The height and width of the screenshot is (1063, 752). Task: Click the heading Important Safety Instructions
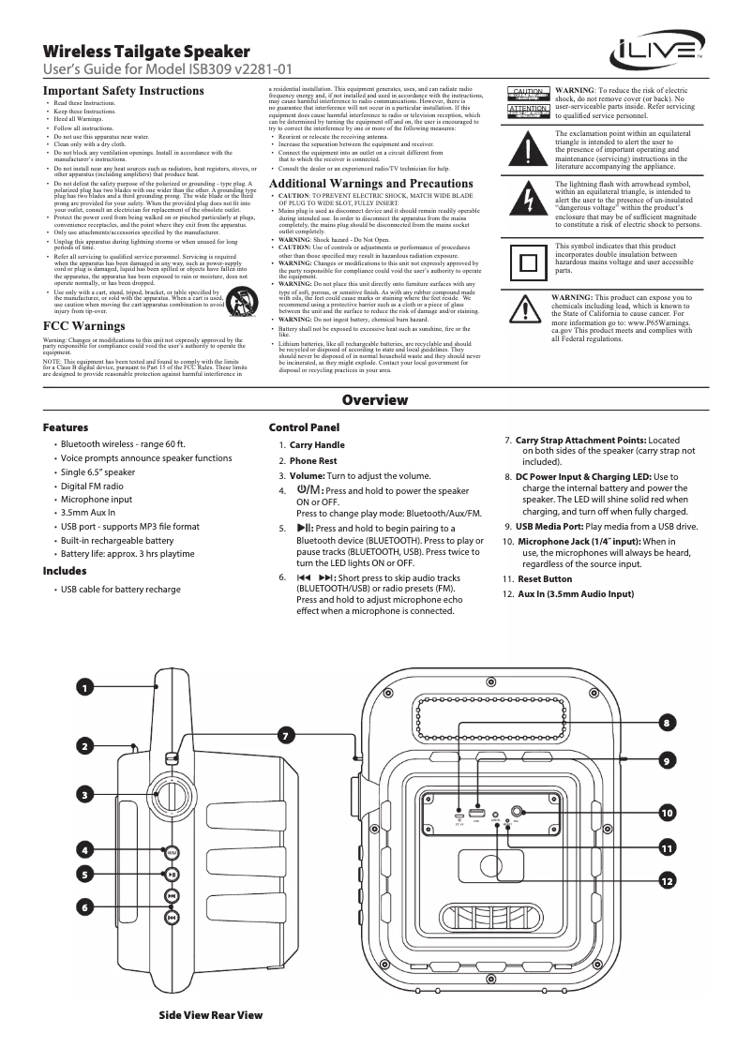pyautogui.click(x=124, y=91)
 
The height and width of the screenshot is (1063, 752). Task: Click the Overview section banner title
pyautogui.click(x=375, y=401)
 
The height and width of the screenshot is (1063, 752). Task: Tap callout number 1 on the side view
pyautogui.click(x=84, y=688)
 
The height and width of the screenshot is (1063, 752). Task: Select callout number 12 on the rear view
pyautogui.click(x=667, y=880)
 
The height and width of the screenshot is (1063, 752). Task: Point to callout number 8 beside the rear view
pyautogui.click(x=667, y=723)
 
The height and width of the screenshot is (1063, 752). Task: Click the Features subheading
pyautogui.click(x=66, y=427)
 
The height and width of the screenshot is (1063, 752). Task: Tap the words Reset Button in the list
pyautogui.click(x=545, y=579)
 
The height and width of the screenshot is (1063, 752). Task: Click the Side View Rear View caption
pyautogui.click(x=211, y=1015)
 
